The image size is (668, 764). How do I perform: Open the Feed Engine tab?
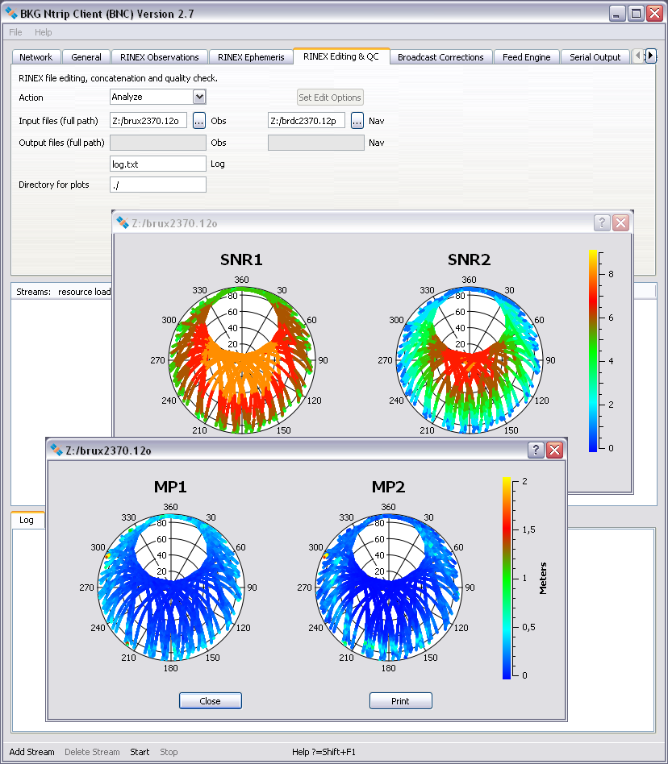pyautogui.click(x=526, y=57)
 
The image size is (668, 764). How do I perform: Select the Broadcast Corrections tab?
pyautogui.click(x=440, y=57)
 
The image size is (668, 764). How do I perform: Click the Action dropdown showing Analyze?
pyautogui.click(x=158, y=97)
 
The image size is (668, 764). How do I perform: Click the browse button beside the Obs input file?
pyautogui.click(x=199, y=120)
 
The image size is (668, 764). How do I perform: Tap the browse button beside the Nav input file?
pyautogui.click(x=357, y=120)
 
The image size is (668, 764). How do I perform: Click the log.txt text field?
pyautogui.click(x=158, y=164)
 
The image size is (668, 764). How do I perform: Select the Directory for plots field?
pyautogui.click(x=158, y=185)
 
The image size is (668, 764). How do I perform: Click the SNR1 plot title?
pyautogui.click(x=241, y=260)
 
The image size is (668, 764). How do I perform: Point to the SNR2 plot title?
pyautogui.click(x=469, y=260)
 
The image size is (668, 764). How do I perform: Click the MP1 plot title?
pyautogui.click(x=170, y=487)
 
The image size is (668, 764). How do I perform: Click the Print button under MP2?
pyautogui.click(x=400, y=701)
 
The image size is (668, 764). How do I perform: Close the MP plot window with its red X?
pyautogui.click(x=554, y=450)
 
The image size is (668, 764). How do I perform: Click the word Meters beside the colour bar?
pyautogui.click(x=543, y=578)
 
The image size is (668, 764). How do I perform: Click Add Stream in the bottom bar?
pyautogui.click(x=32, y=752)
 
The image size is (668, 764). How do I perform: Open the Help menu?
pyautogui.click(x=44, y=32)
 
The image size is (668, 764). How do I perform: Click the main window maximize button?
pyautogui.click(x=636, y=14)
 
